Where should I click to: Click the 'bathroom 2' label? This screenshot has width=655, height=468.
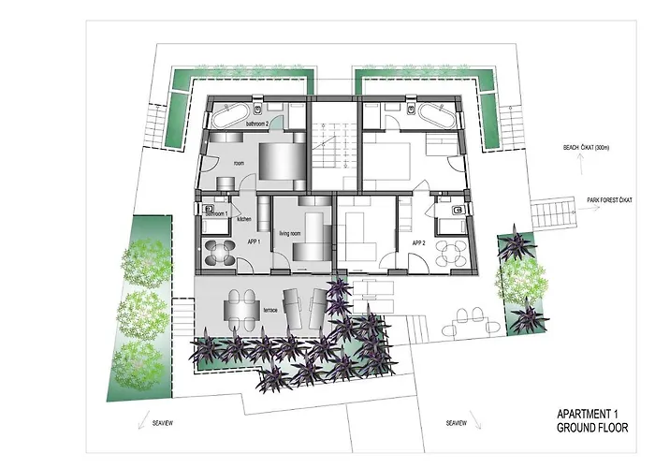[x=257, y=123]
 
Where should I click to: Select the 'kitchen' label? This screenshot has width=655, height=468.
[x=244, y=219]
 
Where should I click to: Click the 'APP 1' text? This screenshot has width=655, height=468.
[x=253, y=241]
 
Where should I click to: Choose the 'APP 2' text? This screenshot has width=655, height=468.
[x=419, y=242]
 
